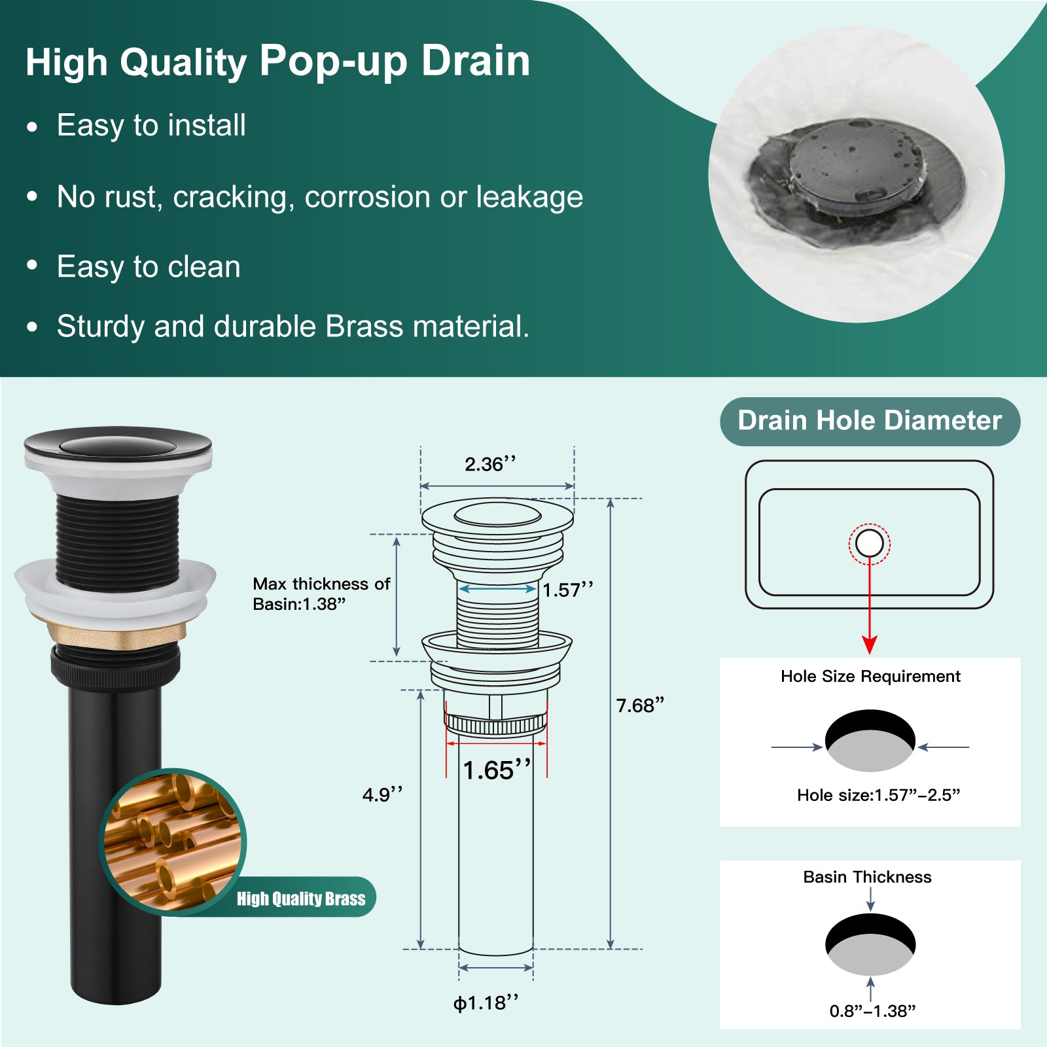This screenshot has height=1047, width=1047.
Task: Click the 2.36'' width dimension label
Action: (490, 464)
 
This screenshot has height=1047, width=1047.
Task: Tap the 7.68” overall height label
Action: (640, 705)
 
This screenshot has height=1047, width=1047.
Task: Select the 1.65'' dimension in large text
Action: (497, 770)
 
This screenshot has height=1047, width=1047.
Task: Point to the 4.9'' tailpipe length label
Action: (382, 794)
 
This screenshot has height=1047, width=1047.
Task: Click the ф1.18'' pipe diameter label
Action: (486, 1003)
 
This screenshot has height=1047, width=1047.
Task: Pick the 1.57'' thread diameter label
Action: (567, 590)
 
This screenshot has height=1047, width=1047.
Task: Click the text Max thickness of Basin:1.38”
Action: (321, 594)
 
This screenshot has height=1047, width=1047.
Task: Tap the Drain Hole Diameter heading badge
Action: (870, 421)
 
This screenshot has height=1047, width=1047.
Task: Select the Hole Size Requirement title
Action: (870, 676)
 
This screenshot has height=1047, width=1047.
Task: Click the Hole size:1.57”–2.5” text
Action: (878, 795)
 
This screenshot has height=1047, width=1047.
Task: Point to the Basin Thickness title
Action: (867, 877)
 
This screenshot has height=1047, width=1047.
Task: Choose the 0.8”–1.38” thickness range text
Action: (872, 1011)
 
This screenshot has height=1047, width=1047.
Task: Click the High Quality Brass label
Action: (301, 898)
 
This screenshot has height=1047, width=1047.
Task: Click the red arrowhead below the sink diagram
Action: (870, 645)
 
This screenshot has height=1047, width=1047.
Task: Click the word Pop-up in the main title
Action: (334, 62)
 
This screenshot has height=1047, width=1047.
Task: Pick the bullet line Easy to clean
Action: (149, 267)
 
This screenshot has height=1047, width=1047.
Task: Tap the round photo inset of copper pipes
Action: (173, 842)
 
